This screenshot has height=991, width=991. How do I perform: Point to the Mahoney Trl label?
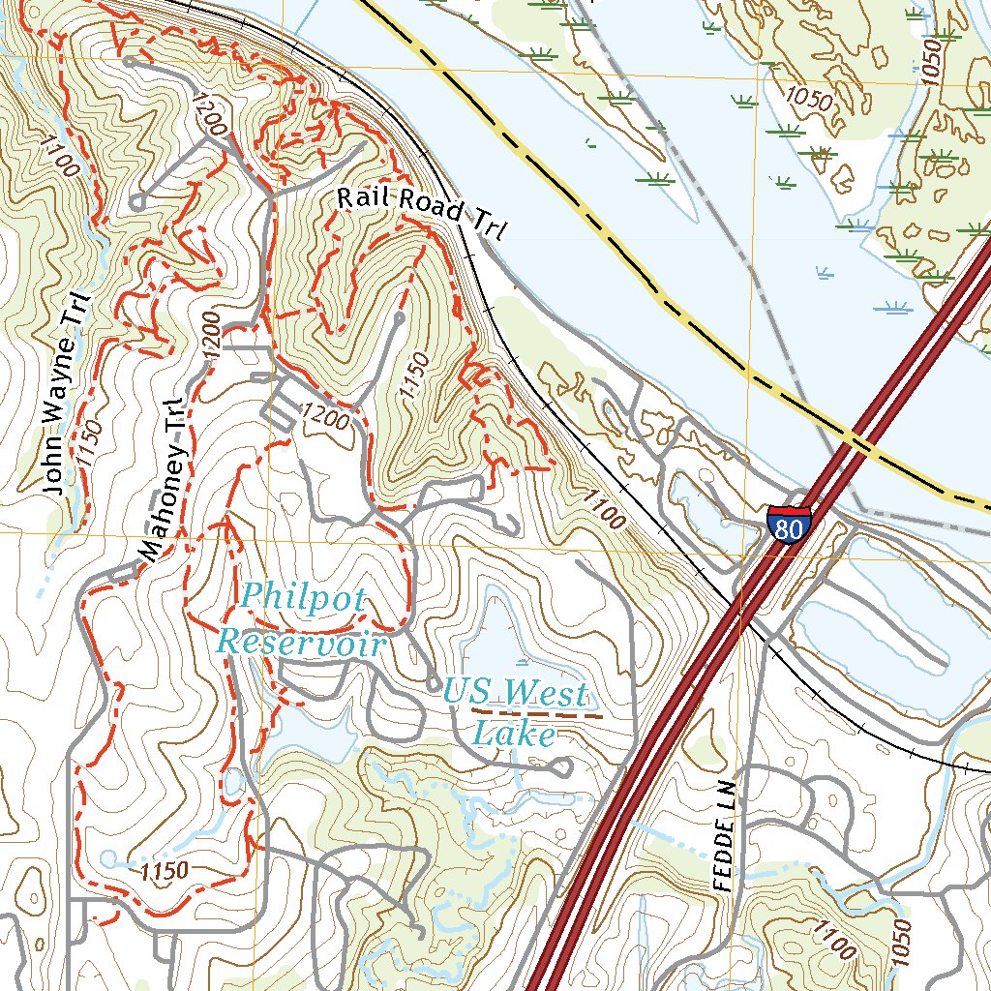click(x=161, y=481)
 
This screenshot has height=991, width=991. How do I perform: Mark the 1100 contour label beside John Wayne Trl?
click(x=60, y=155)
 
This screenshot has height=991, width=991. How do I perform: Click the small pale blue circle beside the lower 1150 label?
click(x=107, y=857)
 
